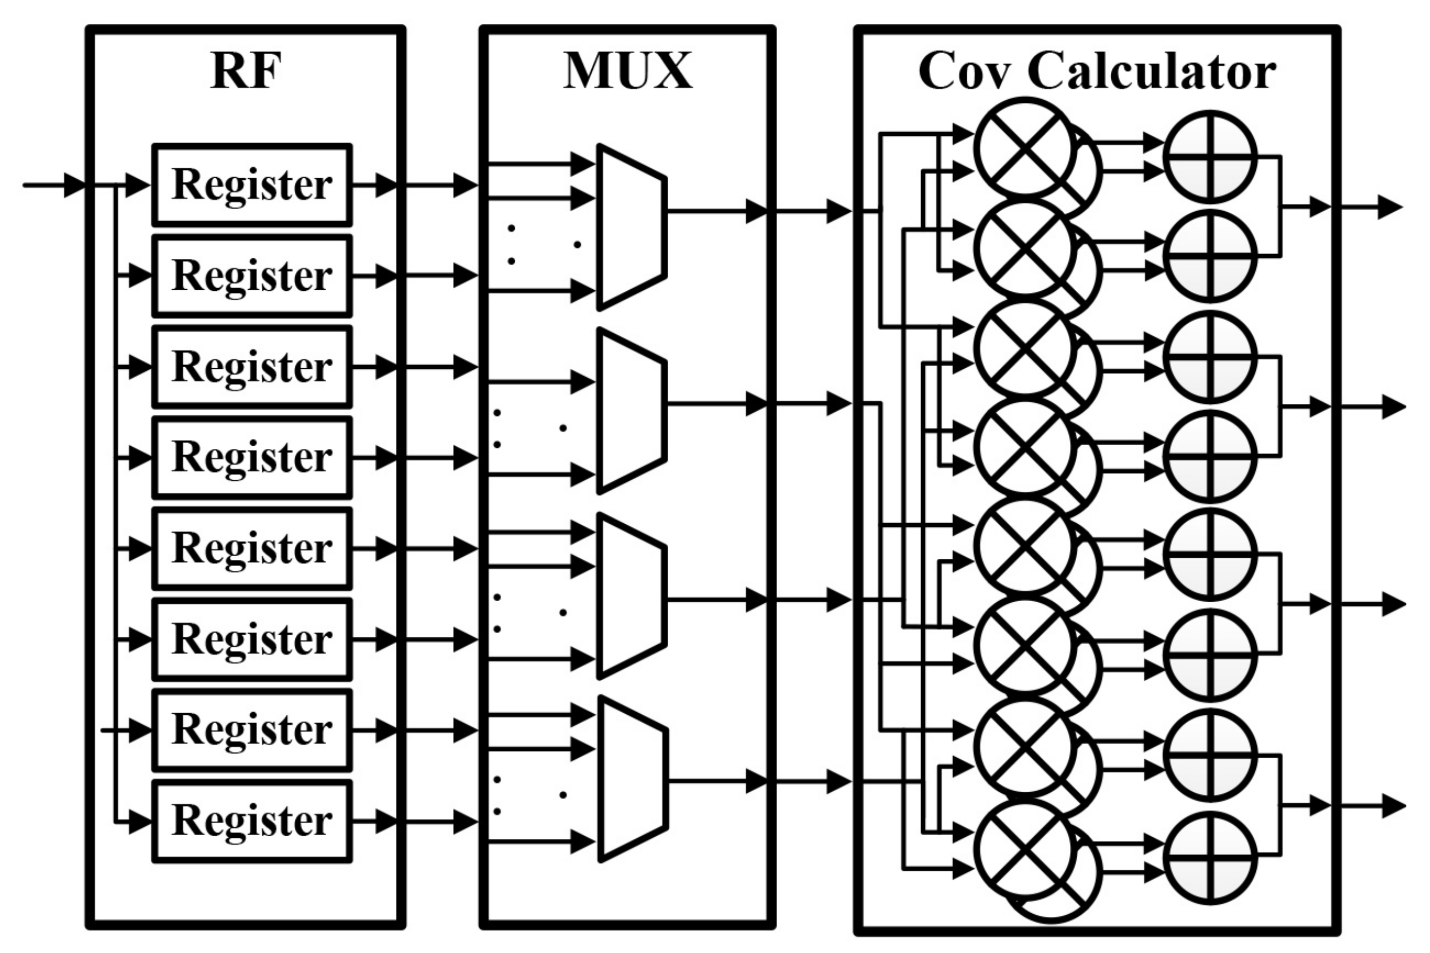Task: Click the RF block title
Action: [x=246, y=72]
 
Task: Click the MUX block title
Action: [x=627, y=72]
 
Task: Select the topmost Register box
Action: [x=251, y=185]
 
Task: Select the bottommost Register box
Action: [x=251, y=821]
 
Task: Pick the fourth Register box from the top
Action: [x=251, y=457]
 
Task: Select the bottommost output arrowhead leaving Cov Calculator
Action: [x=1393, y=807]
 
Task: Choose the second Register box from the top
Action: [x=251, y=276]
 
